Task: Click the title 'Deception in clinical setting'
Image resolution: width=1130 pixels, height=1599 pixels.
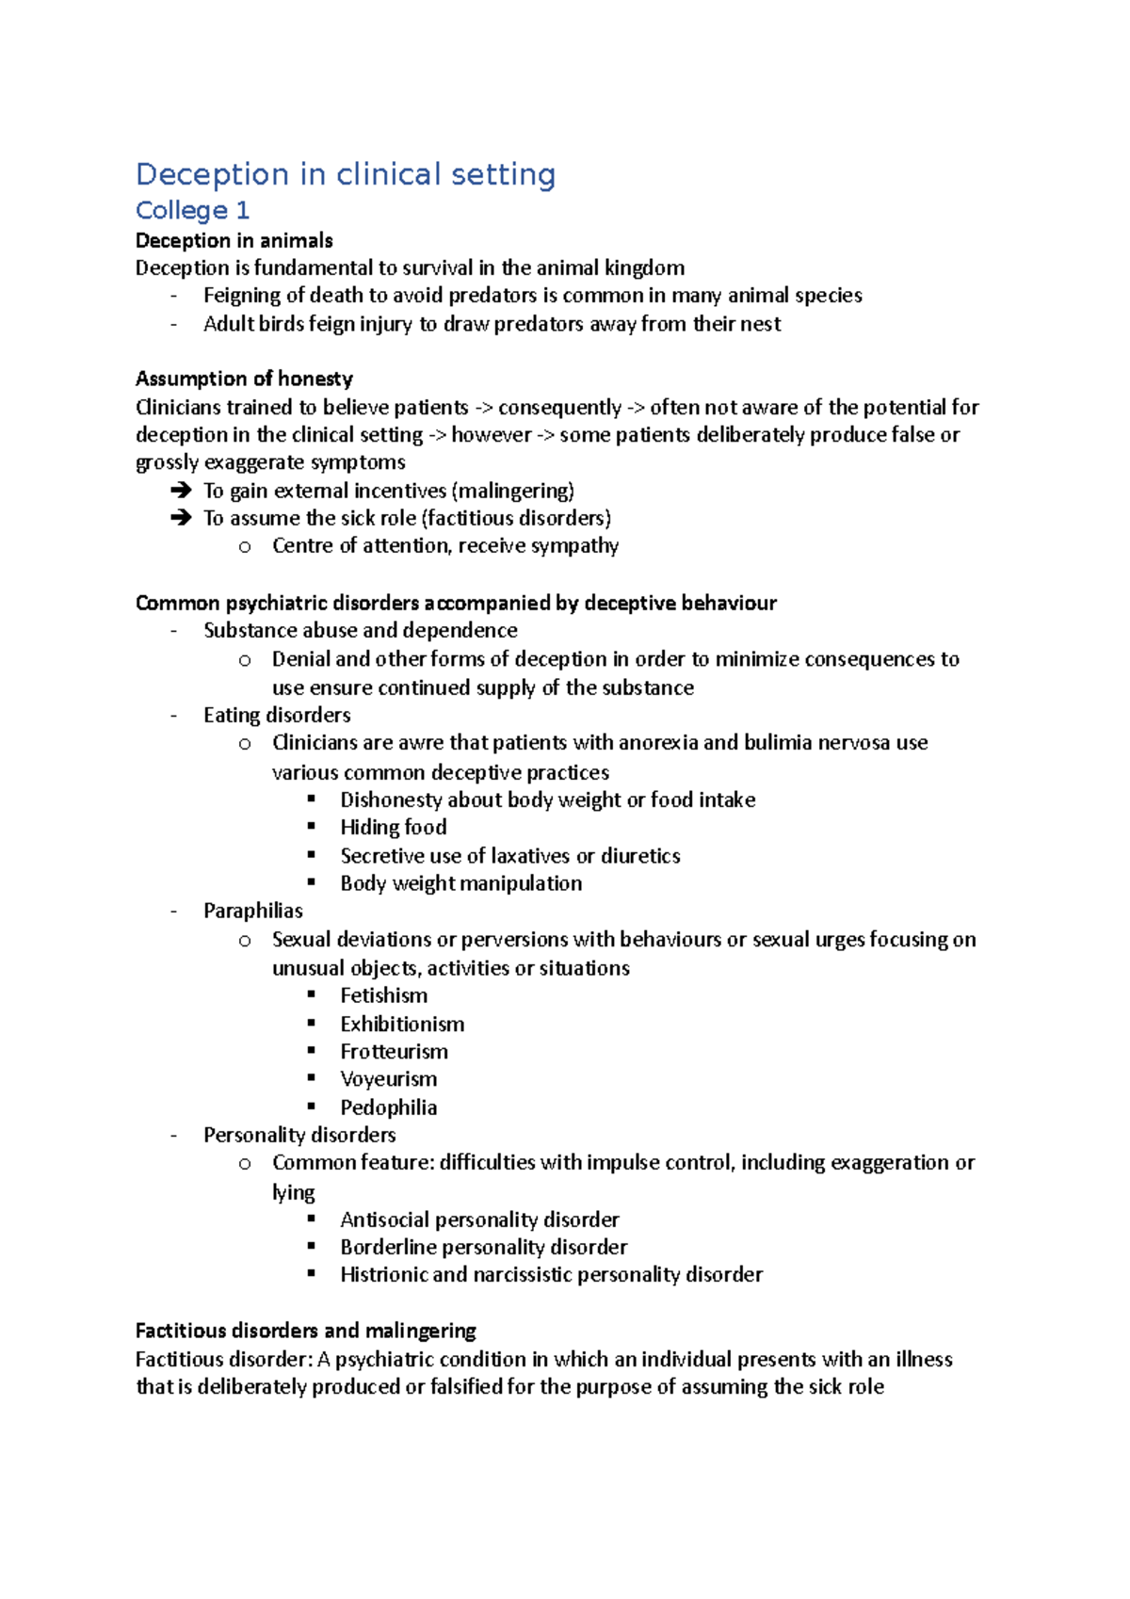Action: pos(346,175)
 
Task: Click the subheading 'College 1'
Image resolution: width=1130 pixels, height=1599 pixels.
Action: pos(192,210)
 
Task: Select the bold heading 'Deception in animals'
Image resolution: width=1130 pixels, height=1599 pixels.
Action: pos(234,240)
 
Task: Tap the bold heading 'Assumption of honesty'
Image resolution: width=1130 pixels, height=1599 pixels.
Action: pos(244,379)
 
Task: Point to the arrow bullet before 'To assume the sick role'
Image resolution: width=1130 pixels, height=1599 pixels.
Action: pos(181,518)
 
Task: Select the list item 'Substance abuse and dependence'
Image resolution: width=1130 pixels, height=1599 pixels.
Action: pos(360,630)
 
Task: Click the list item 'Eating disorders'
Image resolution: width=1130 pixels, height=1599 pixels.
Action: pos(277,715)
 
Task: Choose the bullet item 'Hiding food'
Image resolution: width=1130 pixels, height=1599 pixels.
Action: pos(393,827)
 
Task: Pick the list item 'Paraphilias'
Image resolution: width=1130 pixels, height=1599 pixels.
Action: pos(252,911)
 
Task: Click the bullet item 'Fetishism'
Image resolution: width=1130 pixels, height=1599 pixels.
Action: pos(383,995)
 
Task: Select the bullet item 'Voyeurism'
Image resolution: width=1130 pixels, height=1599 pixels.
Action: pos(388,1079)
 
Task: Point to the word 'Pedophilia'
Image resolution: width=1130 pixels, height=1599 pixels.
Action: pos(388,1107)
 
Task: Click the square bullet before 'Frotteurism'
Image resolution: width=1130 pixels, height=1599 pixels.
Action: pos(312,1050)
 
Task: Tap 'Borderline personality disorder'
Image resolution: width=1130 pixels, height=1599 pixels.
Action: pos(483,1247)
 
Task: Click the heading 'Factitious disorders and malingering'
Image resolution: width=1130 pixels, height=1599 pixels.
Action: pos(305,1331)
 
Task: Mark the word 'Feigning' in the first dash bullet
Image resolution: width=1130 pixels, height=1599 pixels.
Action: pos(241,296)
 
